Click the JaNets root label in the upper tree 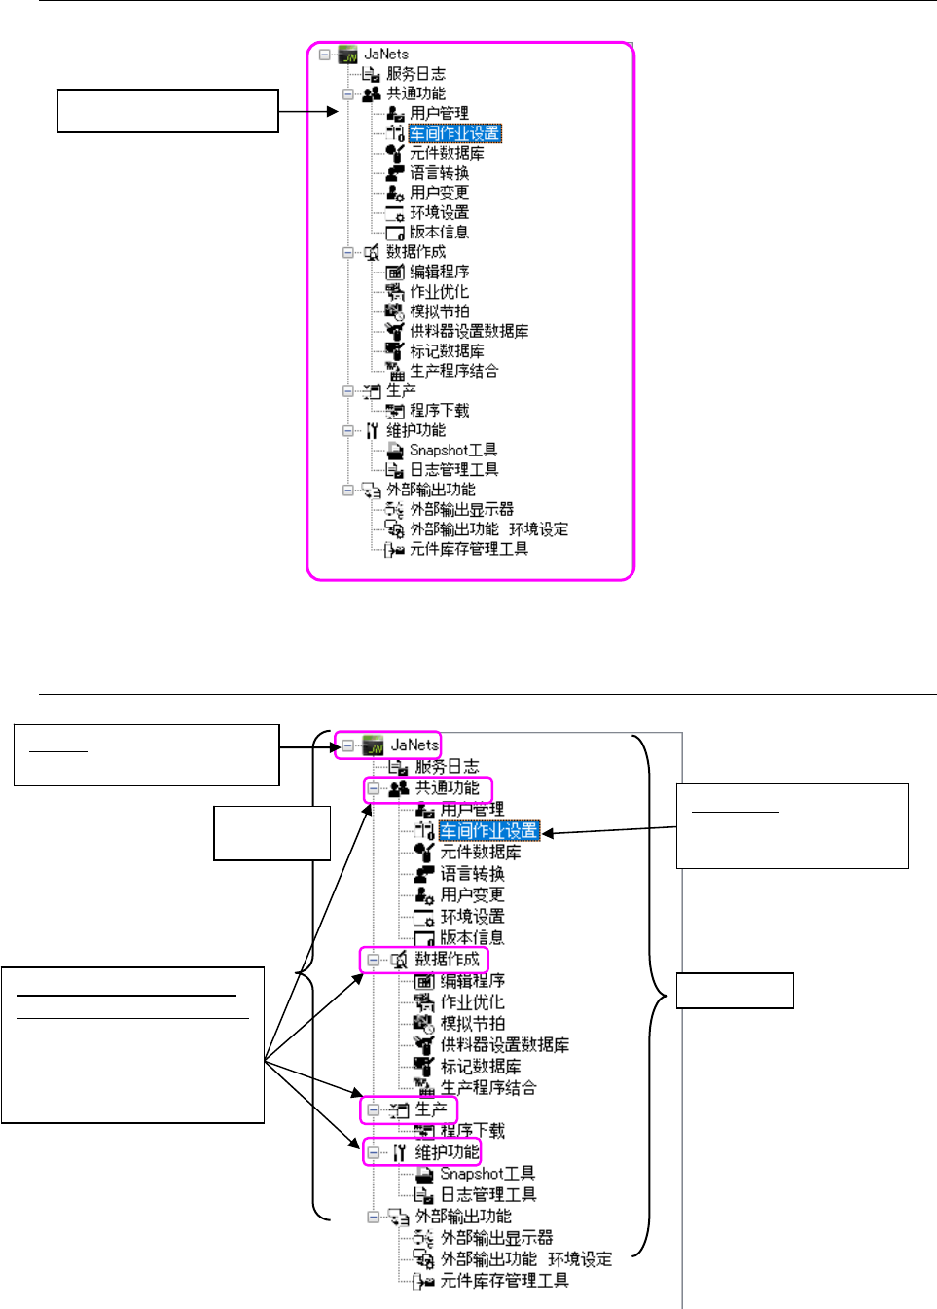tap(386, 55)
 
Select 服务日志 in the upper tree tap(415, 74)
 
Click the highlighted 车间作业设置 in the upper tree tap(455, 133)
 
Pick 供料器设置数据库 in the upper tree tap(469, 332)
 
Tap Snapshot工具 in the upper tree tap(452, 451)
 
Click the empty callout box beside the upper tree tap(168, 111)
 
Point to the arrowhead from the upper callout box tap(334, 111)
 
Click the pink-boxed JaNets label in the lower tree tap(414, 745)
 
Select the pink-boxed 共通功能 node tap(447, 788)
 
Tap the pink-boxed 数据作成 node tap(447, 960)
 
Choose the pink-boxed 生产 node tap(430, 1109)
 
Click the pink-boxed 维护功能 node tap(447, 1152)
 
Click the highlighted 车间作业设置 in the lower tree tap(488, 831)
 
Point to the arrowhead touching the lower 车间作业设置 tap(547, 833)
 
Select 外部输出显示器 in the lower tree tap(496, 1238)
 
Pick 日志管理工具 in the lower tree tap(487, 1195)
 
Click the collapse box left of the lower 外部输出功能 tap(374, 1217)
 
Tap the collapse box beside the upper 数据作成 tap(348, 253)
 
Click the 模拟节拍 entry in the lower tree tap(472, 1024)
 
